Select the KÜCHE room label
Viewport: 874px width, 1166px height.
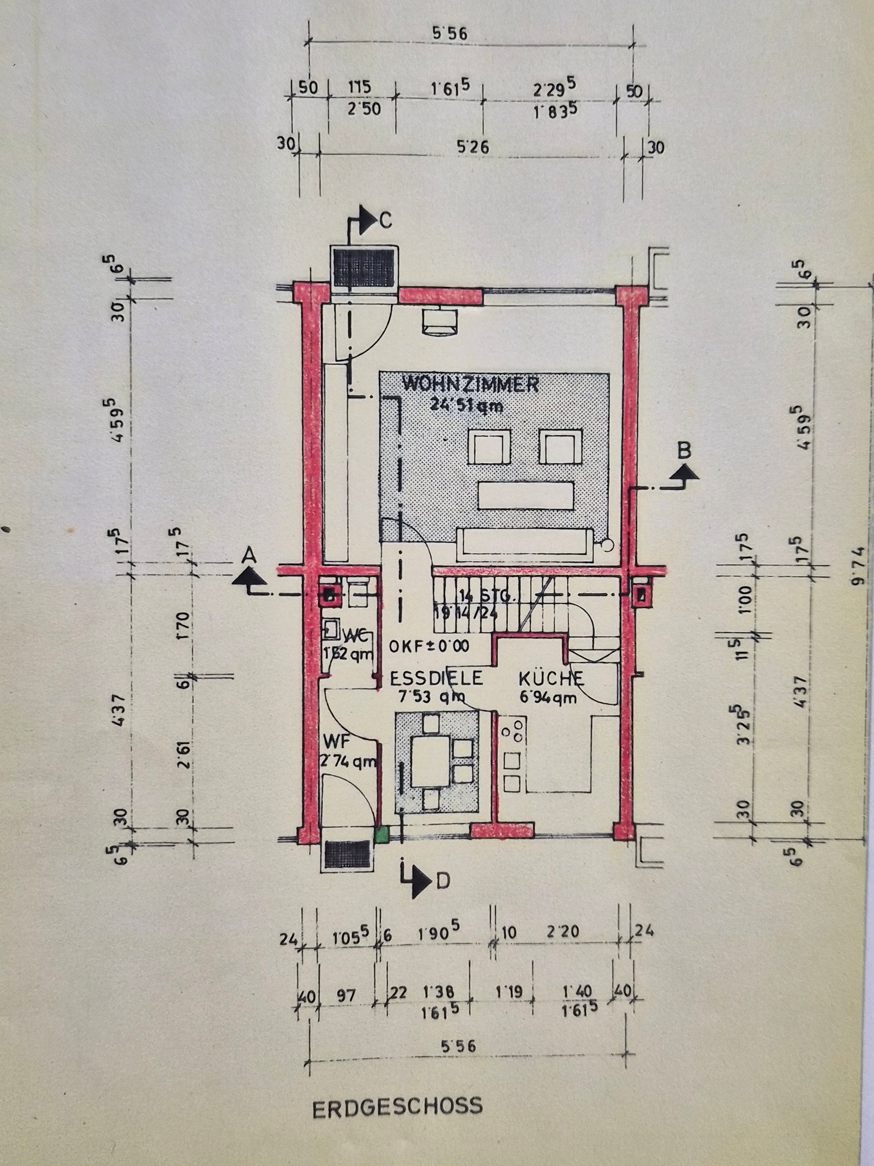[x=551, y=678]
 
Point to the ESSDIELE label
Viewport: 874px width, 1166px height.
[x=436, y=678]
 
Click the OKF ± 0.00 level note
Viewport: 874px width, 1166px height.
[x=429, y=646]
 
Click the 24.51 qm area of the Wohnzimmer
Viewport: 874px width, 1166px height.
[x=466, y=406]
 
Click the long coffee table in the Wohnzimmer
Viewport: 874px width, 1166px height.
[x=525, y=496]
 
